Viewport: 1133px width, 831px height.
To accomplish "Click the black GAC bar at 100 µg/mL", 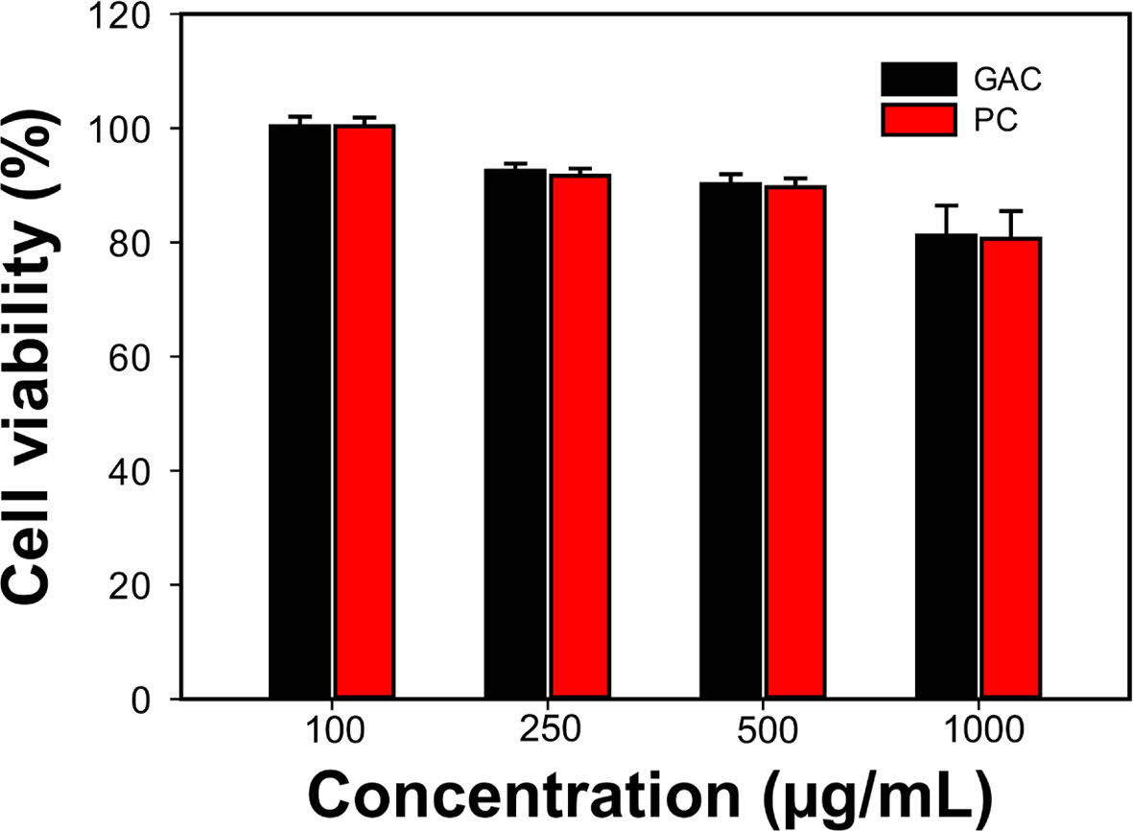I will tap(300, 413).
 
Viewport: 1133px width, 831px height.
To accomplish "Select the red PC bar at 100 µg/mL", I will tap(364, 413).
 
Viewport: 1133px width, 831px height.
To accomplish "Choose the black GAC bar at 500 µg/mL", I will tap(731, 441).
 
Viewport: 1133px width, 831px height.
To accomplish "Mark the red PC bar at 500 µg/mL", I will tap(794, 442).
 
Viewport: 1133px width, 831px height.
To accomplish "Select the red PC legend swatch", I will tap(919, 120).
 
